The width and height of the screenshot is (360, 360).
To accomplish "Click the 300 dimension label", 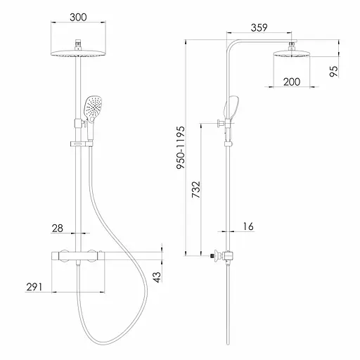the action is (x=78, y=17).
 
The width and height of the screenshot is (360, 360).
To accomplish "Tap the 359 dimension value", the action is (x=259, y=27).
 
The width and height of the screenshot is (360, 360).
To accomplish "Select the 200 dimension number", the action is (x=292, y=82).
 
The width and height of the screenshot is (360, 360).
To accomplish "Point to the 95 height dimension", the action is (x=334, y=71).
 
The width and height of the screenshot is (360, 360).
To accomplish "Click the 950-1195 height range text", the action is (x=181, y=148).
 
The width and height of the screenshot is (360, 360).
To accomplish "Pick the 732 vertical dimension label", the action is (x=196, y=189).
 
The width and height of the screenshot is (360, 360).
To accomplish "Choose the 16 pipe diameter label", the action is (x=248, y=226).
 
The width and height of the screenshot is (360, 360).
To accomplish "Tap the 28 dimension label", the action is (x=58, y=228).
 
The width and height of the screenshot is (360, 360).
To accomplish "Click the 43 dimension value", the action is (x=157, y=277).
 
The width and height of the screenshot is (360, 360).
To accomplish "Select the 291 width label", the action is (x=34, y=287).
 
